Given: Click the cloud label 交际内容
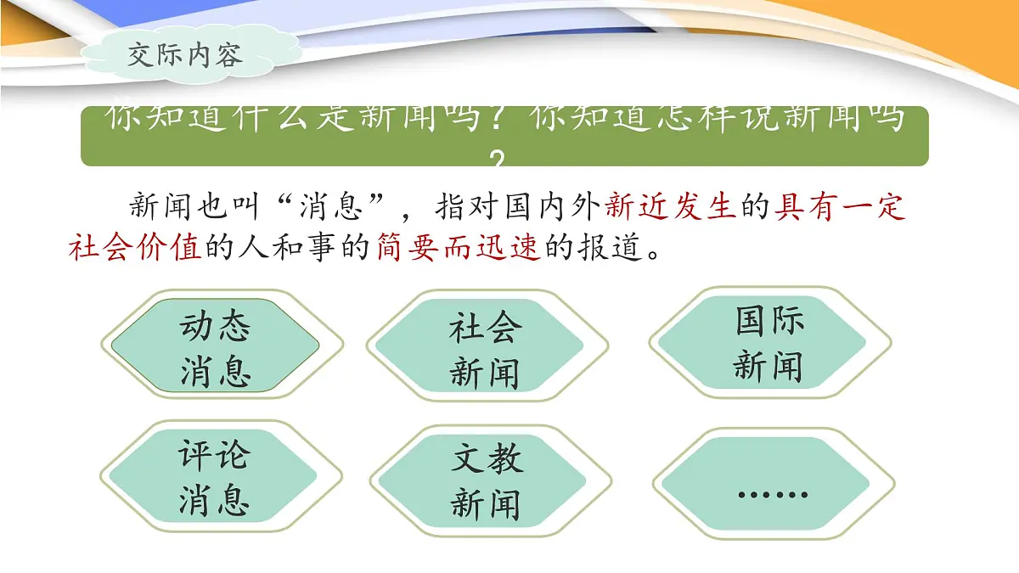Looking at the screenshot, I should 184,54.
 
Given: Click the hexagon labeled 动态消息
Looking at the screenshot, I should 216,347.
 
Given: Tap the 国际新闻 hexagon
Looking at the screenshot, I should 768,344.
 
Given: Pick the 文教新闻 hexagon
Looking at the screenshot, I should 485,480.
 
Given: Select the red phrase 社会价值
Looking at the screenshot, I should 135,248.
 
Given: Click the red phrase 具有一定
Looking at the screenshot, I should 840,207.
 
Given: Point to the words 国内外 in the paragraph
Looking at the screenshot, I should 555,207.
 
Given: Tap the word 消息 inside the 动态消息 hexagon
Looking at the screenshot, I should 216,371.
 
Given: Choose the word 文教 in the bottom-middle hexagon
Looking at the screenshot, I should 487,459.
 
